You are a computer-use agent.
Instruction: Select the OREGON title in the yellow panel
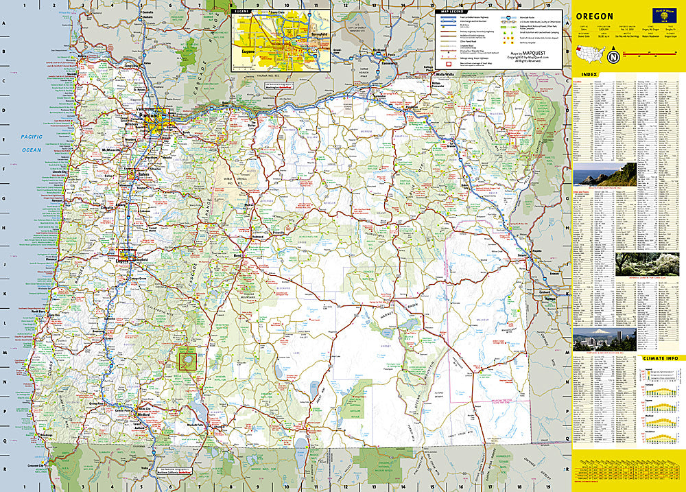tap(594, 16)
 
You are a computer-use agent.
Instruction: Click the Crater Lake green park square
tap(186, 358)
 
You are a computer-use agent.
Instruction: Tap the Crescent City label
tap(36, 467)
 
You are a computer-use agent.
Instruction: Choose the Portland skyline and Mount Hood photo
tap(604, 340)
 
